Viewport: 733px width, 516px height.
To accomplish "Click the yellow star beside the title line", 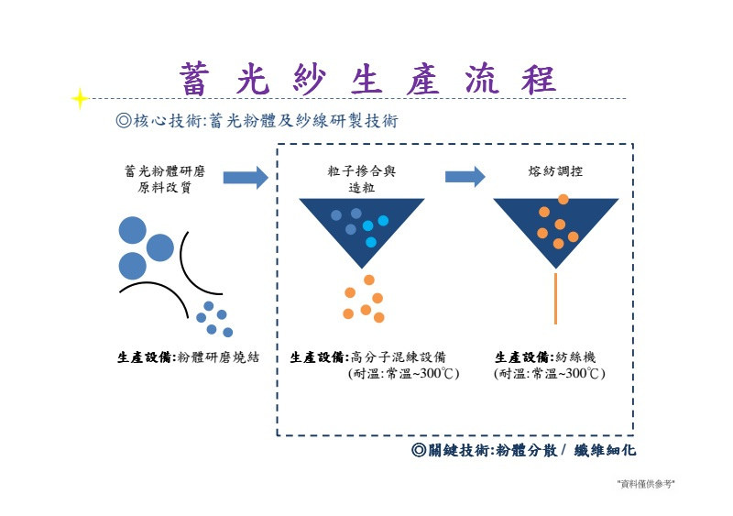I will [81, 97].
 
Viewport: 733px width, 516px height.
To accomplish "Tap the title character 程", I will [537, 79].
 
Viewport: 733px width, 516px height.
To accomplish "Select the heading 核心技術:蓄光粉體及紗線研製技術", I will [257, 120].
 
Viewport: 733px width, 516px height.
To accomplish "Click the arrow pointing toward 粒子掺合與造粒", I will [246, 177].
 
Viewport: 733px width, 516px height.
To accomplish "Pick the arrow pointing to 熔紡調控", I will [465, 177].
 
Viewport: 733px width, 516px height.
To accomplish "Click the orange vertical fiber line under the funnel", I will [556, 298].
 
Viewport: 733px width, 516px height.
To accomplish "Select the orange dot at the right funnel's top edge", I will [563, 199].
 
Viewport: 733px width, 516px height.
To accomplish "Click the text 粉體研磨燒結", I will [218, 357].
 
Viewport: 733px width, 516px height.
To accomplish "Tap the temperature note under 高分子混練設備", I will [403, 374].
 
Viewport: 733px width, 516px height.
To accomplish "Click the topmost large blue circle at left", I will [132, 229].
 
